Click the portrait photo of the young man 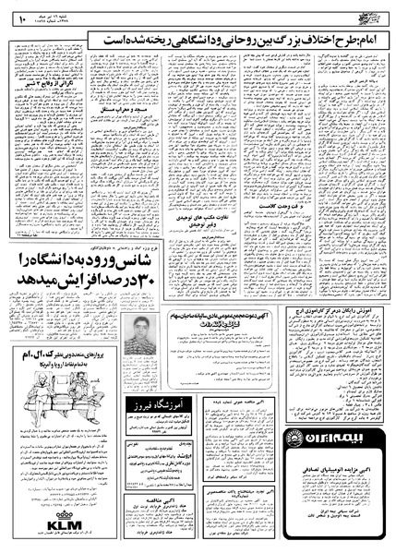(136, 336)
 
